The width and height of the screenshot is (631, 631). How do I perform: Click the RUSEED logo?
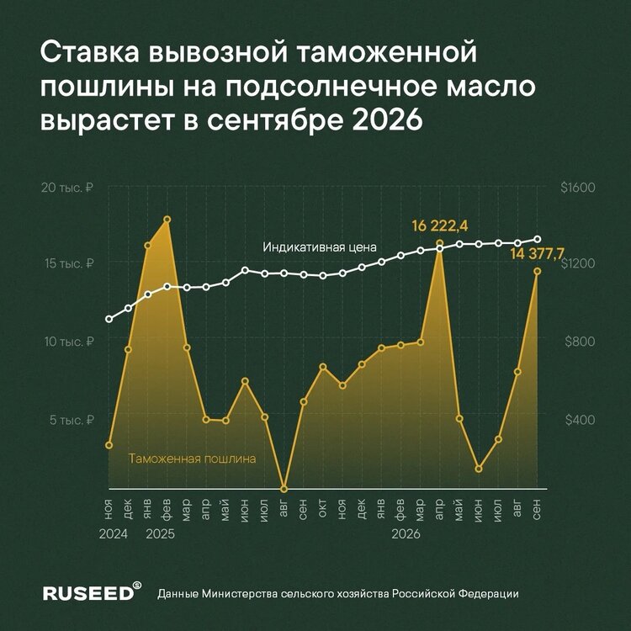click(x=93, y=592)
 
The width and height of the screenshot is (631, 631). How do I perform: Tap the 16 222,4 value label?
click(x=440, y=226)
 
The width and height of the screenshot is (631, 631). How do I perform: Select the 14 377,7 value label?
click(x=538, y=254)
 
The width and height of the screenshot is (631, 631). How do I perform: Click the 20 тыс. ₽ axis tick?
click(x=67, y=188)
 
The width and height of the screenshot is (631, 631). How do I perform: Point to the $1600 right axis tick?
click(x=578, y=188)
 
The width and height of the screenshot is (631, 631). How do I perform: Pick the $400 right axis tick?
click(x=580, y=420)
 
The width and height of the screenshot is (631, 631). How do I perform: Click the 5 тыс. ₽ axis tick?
click(x=72, y=420)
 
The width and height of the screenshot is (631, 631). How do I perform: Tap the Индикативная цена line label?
click(x=320, y=247)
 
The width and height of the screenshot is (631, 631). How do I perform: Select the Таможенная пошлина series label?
click(x=193, y=459)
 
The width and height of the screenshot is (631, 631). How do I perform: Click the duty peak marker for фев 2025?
click(x=167, y=220)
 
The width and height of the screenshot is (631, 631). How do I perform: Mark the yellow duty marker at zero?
click(x=284, y=489)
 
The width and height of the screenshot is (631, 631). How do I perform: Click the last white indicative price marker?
click(x=538, y=239)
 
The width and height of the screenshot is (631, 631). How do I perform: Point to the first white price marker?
click(x=109, y=319)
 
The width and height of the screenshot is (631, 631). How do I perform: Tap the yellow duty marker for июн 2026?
click(x=479, y=469)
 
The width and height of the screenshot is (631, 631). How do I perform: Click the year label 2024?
click(x=113, y=534)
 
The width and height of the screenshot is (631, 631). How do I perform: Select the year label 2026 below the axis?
click(x=406, y=534)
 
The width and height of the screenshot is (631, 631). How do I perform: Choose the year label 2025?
click(x=160, y=534)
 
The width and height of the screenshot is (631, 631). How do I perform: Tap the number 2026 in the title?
click(x=388, y=120)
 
